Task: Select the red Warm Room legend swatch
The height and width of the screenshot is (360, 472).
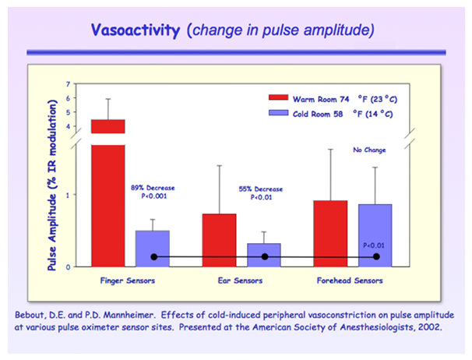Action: click(x=278, y=98)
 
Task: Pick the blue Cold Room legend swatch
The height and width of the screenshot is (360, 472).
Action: click(x=278, y=114)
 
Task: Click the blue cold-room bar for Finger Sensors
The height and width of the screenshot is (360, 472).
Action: click(x=153, y=248)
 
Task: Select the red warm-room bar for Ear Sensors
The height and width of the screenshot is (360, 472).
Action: click(x=219, y=239)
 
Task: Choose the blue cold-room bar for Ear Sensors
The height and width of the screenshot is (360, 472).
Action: click(x=263, y=254)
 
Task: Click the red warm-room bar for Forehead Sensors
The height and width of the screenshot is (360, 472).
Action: click(x=330, y=233)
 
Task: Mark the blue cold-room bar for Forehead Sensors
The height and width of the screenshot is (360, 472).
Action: click(x=375, y=235)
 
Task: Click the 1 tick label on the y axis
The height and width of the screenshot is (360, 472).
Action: click(x=68, y=194)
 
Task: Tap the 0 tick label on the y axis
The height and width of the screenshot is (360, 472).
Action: click(x=68, y=267)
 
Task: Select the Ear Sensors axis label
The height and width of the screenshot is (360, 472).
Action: click(x=241, y=280)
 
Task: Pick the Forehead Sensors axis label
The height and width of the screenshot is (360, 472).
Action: click(x=352, y=280)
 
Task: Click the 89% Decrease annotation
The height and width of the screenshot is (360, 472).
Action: click(x=153, y=188)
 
